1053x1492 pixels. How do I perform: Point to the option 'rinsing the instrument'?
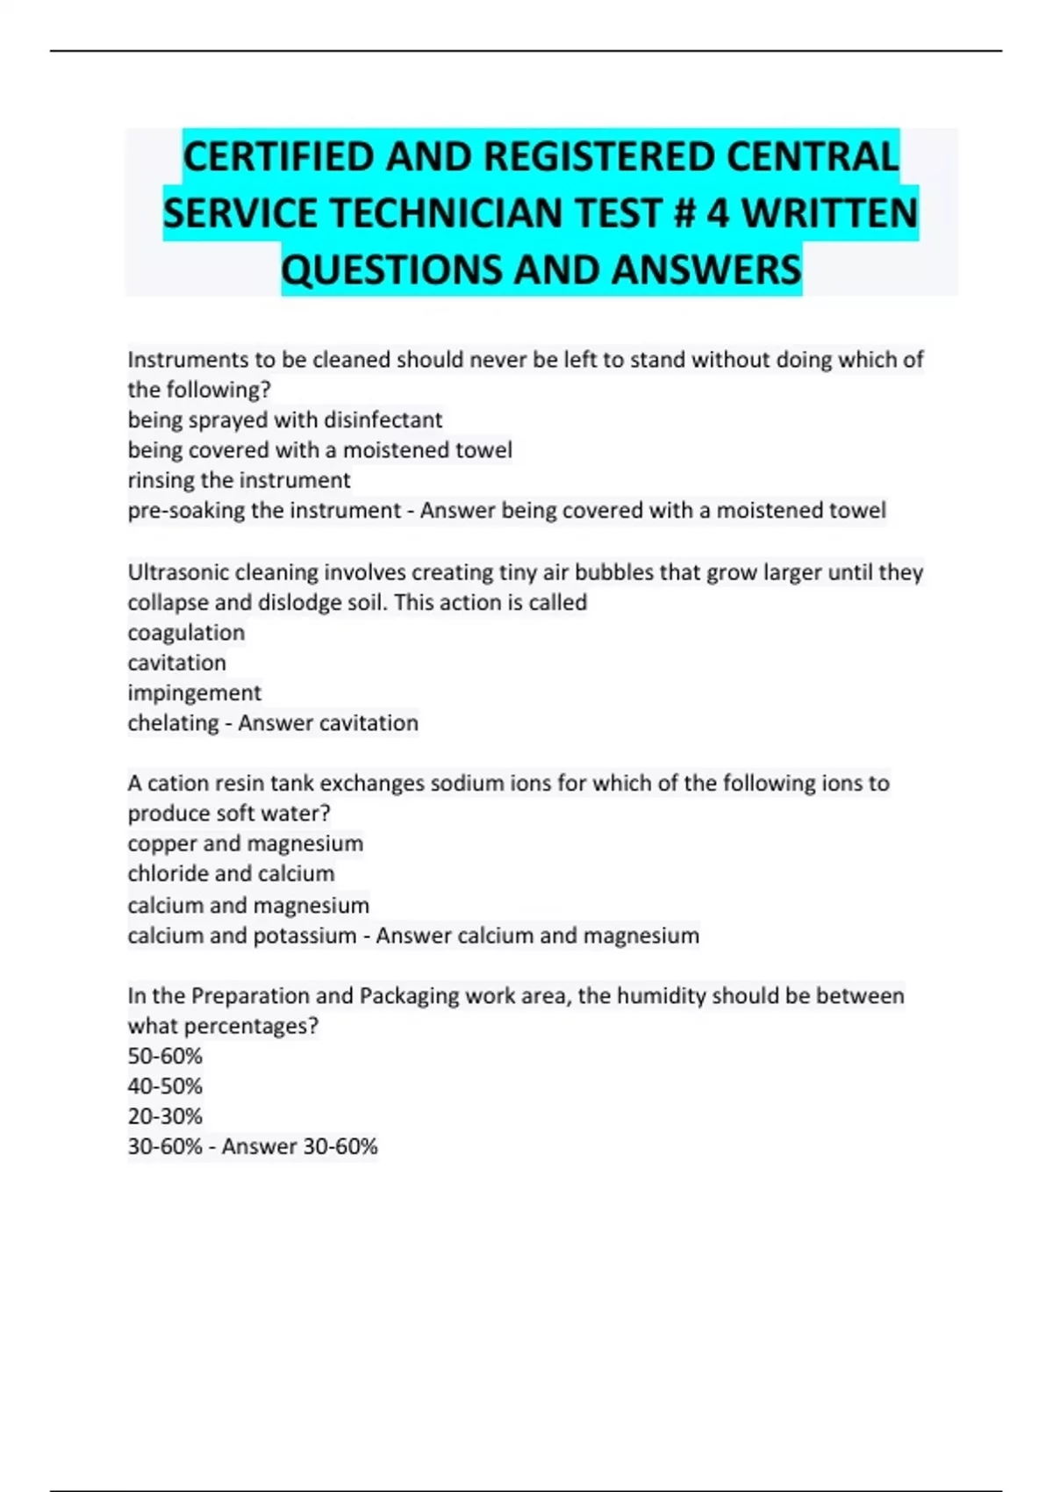click(x=239, y=480)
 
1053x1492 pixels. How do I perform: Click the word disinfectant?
click(x=383, y=420)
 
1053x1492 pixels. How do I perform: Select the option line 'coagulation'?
click(x=186, y=633)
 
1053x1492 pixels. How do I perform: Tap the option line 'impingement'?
click(x=194, y=693)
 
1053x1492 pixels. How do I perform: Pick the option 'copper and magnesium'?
click(x=245, y=843)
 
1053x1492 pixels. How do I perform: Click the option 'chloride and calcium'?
click(x=231, y=874)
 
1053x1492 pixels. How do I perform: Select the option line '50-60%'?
click(x=165, y=1056)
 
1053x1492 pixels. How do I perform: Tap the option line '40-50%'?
click(x=165, y=1087)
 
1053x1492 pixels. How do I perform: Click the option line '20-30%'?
click(x=165, y=1116)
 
